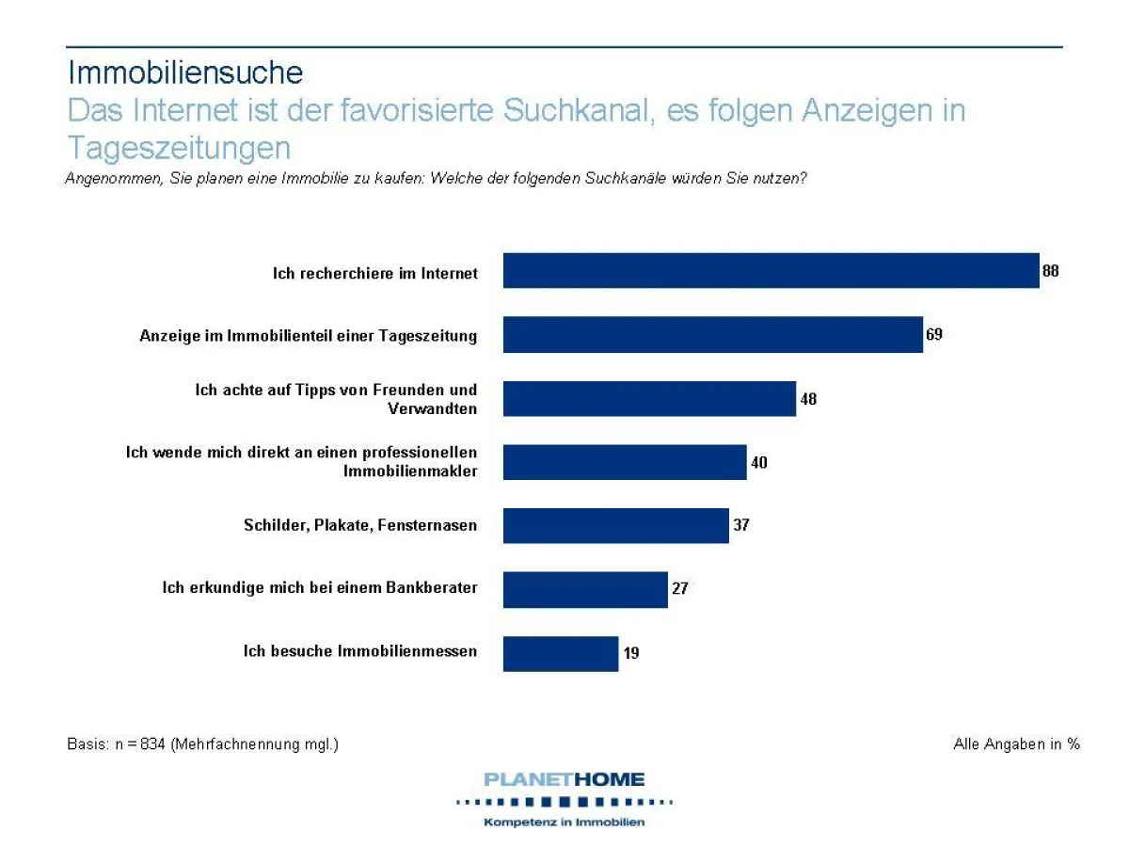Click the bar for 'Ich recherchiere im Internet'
coord(771,271)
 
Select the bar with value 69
coord(712,335)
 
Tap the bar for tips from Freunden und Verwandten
coord(649,398)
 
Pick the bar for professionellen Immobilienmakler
coord(625,462)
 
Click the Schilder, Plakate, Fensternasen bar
coord(615,525)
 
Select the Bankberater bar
coord(585,589)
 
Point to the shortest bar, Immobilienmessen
coord(561,653)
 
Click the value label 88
coord(1050,271)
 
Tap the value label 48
coord(808,399)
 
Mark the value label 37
coord(741,525)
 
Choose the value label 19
coord(630,652)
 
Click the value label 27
coord(680,589)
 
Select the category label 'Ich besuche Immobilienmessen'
coord(360,651)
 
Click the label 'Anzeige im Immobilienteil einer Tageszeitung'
coord(309,335)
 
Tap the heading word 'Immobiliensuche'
coord(185,72)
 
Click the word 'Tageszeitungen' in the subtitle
coord(179,148)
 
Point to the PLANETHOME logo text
coord(564,779)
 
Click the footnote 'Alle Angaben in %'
coord(1016,744)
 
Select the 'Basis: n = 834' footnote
coord(202,744)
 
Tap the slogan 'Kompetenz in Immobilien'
coord(564,823)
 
